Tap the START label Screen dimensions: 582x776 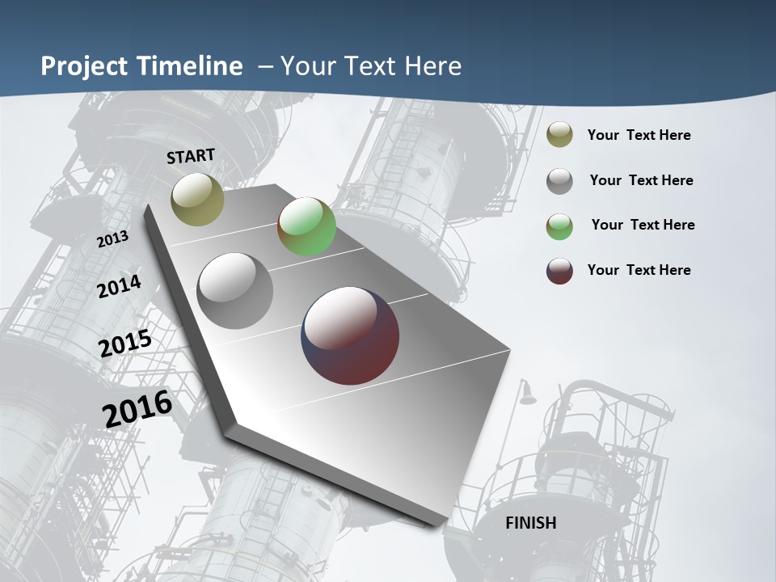click(191, 156)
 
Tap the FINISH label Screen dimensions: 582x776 click(530, 523)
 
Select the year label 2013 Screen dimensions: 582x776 click(112, 239)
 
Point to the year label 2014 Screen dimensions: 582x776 click(119, 286)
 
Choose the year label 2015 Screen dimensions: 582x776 click(125, 344)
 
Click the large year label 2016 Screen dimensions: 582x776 click(137, 409)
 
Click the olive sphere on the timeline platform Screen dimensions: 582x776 click(198, 199)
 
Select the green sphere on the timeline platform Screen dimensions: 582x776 click(306, 226)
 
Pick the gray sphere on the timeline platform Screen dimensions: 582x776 click(235, 291)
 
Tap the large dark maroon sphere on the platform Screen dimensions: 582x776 click(350, 335)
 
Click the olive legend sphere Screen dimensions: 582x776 click(559, 134)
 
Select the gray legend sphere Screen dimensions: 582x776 click(559, 181)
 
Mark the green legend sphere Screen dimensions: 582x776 click(559, 226)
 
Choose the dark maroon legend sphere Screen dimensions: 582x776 click(559, 271)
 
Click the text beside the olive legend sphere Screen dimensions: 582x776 click(639, 135)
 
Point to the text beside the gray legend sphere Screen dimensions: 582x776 click(641, 180)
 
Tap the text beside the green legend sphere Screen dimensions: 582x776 click(643, 225)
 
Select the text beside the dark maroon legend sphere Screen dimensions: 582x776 click(639, 270)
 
